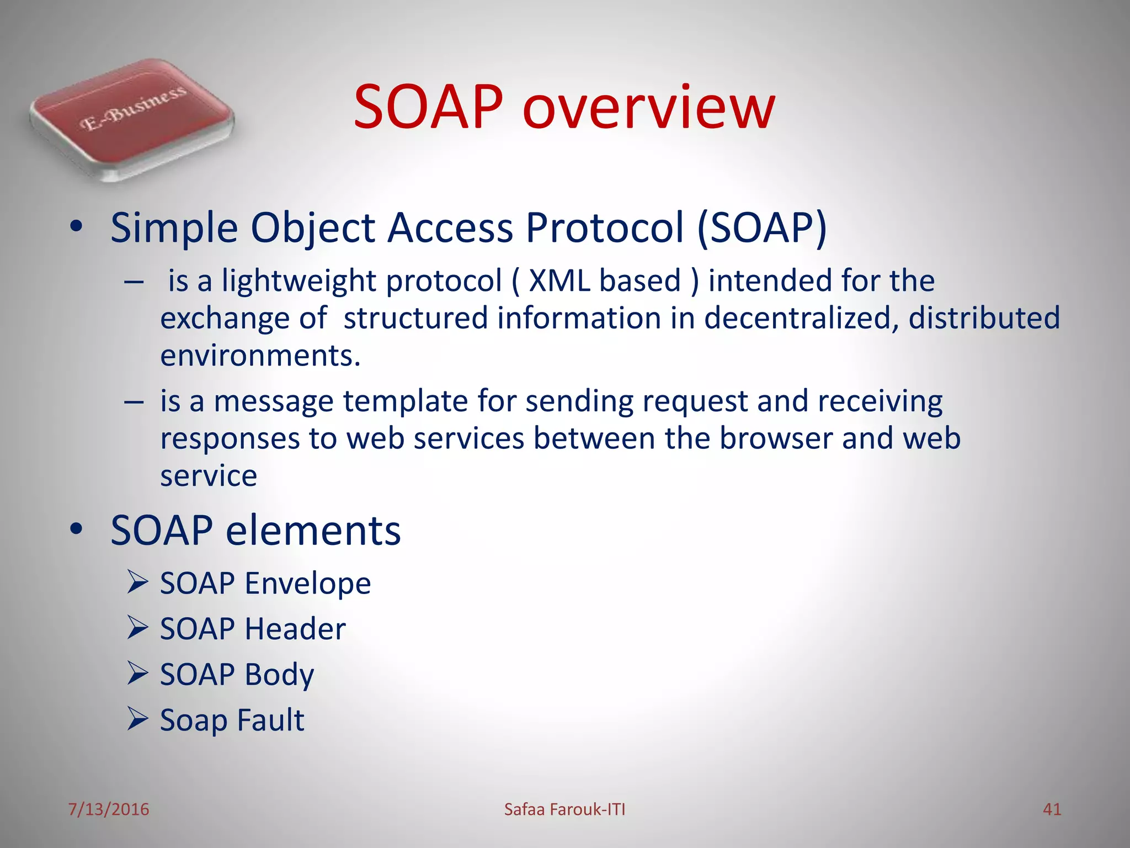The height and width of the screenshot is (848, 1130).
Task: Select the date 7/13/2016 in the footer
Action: [x=109, y=809]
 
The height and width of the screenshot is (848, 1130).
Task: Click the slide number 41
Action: [x=1052, y=809]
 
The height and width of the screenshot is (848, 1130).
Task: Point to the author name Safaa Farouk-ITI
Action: [x=564, y=809]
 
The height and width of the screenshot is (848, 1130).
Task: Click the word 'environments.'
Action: [x=260, y=355]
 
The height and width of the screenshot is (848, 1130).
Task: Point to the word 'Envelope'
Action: [x=308, y=583]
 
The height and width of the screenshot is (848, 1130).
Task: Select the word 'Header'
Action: [x=295, y=629]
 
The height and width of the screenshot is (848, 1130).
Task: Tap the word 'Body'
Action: [x=279, y=675]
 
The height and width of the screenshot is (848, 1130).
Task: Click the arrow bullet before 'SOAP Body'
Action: [x=137, y=673]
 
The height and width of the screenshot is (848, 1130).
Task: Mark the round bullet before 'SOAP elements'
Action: [x=76, y=529]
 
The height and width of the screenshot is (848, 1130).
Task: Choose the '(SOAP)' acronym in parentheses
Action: [x=762, y=227]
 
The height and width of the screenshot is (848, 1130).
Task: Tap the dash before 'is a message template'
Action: [x=134, y=402]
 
